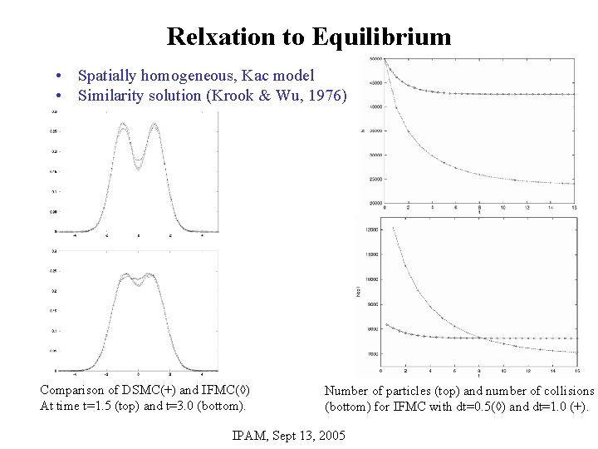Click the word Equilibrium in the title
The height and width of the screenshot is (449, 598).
tap(382, 37)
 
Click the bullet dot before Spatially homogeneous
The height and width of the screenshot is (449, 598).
tap(61, 76)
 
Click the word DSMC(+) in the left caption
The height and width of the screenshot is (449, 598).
tap(141, 390)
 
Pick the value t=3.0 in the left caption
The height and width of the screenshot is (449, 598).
tap(185, 406)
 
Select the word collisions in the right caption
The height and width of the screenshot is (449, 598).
tap(565, 390)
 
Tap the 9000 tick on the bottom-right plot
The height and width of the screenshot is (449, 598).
tap(370, 304)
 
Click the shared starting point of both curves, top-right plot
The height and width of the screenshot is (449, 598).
tap(385, 59)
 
